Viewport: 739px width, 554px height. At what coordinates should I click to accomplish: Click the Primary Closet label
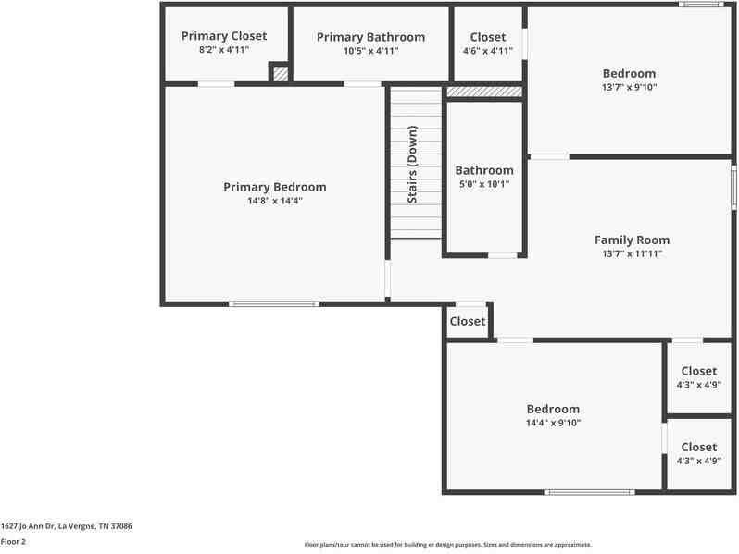pos(223,36)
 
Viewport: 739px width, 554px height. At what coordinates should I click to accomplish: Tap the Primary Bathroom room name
pos(370,37)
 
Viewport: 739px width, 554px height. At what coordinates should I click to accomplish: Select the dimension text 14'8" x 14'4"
pos(274,201)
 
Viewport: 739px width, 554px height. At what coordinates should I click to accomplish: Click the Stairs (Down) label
pos(413,164)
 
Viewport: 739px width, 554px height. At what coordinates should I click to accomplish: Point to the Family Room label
pos(632,240)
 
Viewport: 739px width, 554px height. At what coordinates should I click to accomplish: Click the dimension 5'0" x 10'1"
pos(483,184)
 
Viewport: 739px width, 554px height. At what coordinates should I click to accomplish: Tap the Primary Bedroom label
pos(274,187)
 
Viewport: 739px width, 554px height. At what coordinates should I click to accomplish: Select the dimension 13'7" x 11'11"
pos(632,253)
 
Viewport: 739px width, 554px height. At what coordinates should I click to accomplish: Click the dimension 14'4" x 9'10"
pos(553,423)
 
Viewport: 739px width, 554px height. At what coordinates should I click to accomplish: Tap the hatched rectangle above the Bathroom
pos(484,92)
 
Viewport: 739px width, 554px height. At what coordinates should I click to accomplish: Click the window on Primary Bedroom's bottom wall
pos(274,303)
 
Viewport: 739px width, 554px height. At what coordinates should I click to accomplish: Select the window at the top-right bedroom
pos(700,5)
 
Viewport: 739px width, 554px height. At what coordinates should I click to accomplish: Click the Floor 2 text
pos(14,542)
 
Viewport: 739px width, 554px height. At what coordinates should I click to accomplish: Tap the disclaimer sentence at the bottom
pos(448,545)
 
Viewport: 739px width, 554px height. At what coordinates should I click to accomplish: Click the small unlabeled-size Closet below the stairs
pos(467,321)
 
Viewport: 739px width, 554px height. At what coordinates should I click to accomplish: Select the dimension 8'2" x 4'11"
pos(223,50)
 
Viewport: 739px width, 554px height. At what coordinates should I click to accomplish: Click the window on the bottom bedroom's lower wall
pos(590,492)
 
